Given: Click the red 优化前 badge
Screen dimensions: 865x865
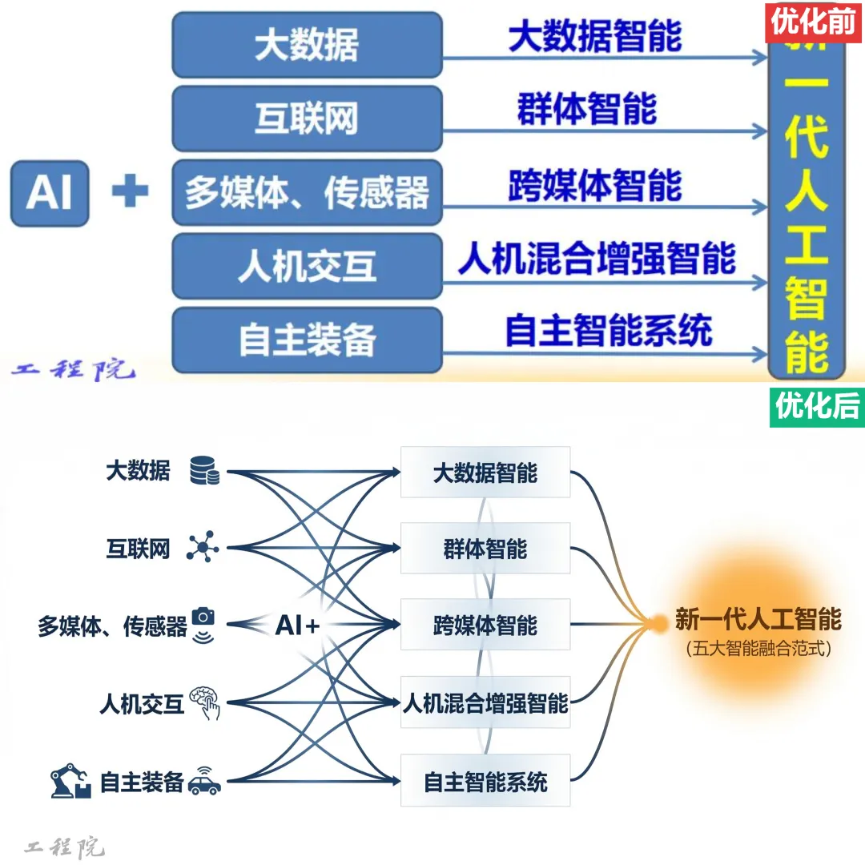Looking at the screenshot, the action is pyautogui.click(x=814, y=22).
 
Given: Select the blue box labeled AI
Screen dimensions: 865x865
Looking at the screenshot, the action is pyautogui.click(x=49, y=193).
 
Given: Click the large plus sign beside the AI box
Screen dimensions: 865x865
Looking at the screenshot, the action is pyautogui.click(x=130, y=192).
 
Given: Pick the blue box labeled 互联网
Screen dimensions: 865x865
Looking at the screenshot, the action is pyautogui.click(x=307, y=119).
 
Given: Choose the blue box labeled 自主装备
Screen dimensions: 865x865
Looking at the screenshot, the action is pyautogui.click(x=307, y=340).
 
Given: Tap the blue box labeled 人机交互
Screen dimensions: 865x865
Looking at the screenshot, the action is pyautogui.click(x=307, y=266).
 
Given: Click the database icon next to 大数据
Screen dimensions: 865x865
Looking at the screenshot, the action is pyautogui.click(x=204, y=471).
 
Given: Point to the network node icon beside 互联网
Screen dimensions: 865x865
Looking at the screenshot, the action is pyautogui.click(x=203, y=548).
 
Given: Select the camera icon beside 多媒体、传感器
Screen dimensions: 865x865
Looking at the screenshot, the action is pyautogui.click(x=204, y=616).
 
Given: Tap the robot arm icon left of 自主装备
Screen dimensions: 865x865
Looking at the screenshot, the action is pyautogui.click(x=70, y=782).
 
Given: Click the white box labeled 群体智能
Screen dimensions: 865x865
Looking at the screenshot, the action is pyautogui.click(x=485, y=549).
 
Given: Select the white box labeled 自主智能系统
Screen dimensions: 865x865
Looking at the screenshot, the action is pyautogui.click(x=485, y=781).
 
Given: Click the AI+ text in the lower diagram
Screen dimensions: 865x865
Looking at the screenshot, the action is pyautogui.click(x=297, y=626).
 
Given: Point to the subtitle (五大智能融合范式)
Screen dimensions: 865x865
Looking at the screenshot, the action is pyautogui.click(x=758, y=649).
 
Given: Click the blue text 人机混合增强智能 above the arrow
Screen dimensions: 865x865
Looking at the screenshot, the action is pyautogui.click(x=597, y=258).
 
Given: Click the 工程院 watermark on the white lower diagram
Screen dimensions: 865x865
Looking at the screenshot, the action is pyautogui.click(x=65, y=847).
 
